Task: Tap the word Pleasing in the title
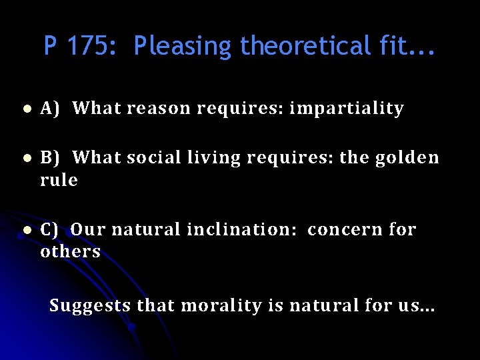pyautogui.click(x=182, y=46)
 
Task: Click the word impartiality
pyautogui.click(x=347, y=108)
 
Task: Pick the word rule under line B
pyautogui.click(x=59, y=180)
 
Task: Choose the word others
pyautogui.click(x=70, y=252)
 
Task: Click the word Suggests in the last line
pyautogui.click(x=90, y=307)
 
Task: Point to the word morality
pyautogui.click(x=220, y=307)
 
